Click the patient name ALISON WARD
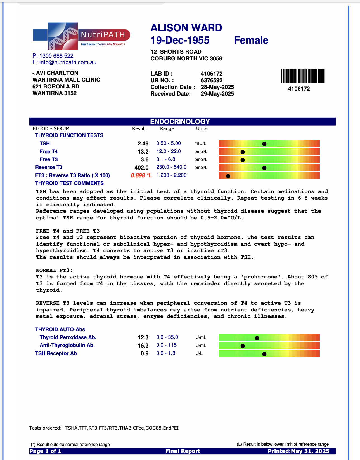pyautogui.click(x=186, y=28)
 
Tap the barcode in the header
pyautogui.click(x=303, y=76)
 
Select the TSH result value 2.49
pyautogui.click(x=143, y=144)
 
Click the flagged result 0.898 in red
pyautogui.click(x=138, y=175)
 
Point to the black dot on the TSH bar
pyautogui.click(x=264, y=144)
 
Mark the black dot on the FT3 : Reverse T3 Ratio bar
pyautogui.click(x=228, y=176)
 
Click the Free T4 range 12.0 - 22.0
pyautogui.click(x=169, y=151)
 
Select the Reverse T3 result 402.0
pyautogui.click(x=141, y=168)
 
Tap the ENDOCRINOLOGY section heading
pyautogui.click(x=180, y=121)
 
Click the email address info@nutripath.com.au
pyautogui.click(x=68, y=62)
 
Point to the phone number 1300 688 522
pyautogui.click(x=56, y=56)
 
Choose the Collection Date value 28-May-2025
pyautogui.click(x=217, y=87)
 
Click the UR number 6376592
pyautogui.click(x=212, y=80)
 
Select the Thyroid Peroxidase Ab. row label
pyautogui.click(x=68, y=337)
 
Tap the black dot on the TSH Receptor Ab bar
pyautogui.click(x=264, y=354)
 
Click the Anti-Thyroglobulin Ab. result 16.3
pyautogui.click(x=143, y=346)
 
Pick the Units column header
pyautogui.click(x=202, y=128)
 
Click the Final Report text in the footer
pyautogui.click(x=183, y=451)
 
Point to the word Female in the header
pyautogui.click(x=251, y=40)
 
